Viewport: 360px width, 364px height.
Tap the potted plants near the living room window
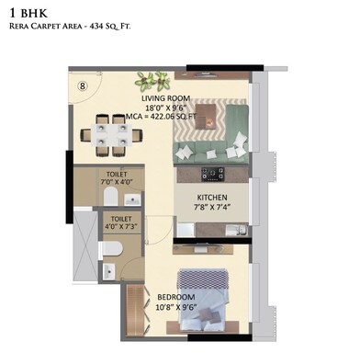point(152,79)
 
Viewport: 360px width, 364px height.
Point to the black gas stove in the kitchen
point(213,172)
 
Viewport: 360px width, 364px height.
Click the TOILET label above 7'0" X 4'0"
point(118,174)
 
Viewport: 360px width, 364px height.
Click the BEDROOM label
point(177,298)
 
